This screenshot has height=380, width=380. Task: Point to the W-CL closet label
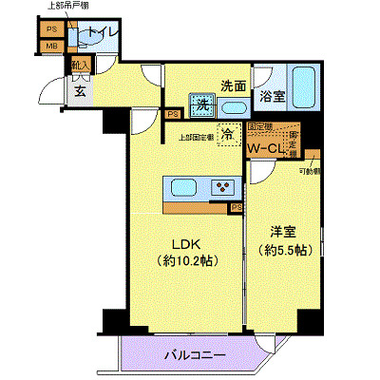265,149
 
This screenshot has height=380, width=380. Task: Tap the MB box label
51,46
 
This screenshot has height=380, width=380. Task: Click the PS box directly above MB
51,28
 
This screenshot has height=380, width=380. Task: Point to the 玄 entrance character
81,91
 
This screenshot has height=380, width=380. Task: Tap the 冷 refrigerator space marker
228,135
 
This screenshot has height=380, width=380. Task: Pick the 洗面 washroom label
234,85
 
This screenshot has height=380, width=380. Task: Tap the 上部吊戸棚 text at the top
66,8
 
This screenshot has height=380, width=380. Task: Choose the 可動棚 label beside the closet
309,171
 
